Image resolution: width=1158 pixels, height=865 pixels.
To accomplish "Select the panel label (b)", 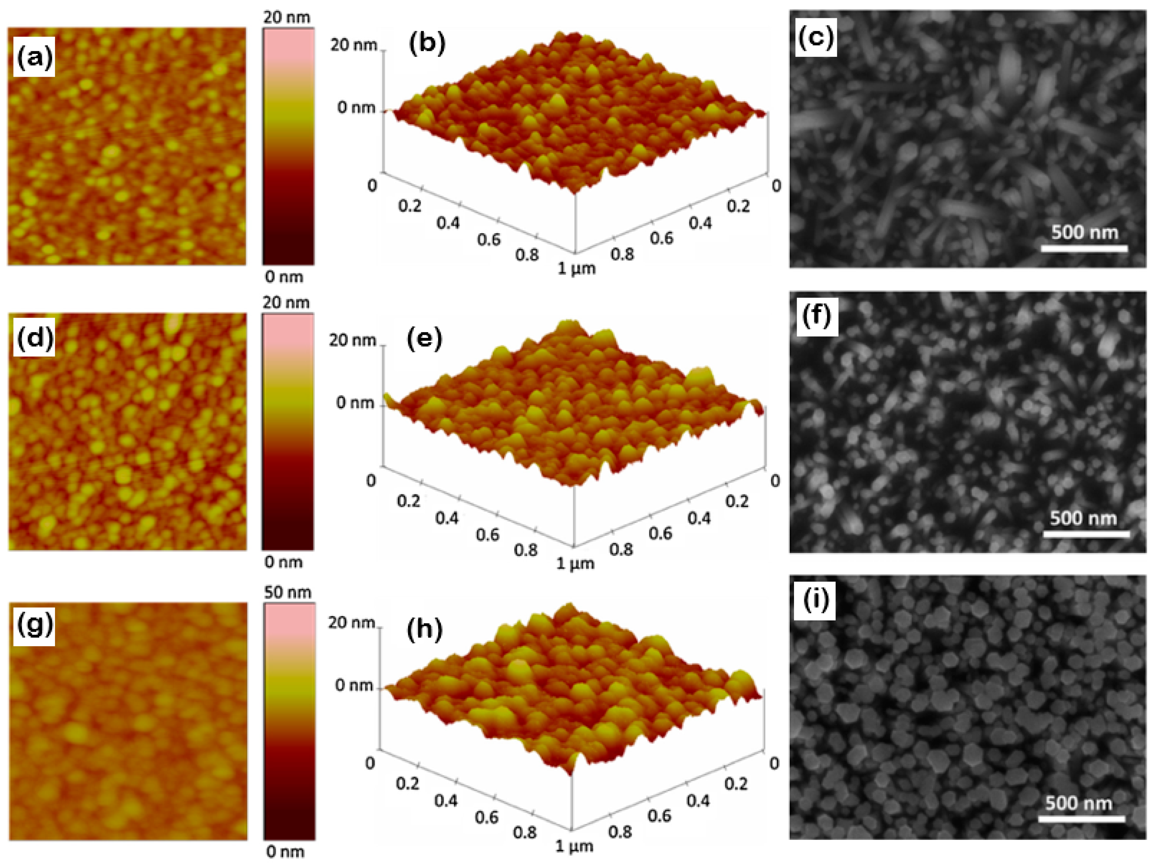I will point(427,43).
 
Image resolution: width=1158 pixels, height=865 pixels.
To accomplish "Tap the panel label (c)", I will point(816,37).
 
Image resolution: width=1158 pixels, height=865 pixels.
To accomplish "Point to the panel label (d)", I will point(34,338).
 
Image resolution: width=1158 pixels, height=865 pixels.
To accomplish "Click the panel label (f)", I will point(817,316).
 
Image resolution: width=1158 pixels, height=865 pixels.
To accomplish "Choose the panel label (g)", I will point(34,624).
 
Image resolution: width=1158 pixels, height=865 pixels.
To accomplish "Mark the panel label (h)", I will point(425,628).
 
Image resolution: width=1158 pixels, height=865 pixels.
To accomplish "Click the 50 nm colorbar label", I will point(287,592).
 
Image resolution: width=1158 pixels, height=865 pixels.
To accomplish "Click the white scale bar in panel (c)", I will point(1084,249).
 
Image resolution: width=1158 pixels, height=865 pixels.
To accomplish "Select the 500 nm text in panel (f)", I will point(1083,518).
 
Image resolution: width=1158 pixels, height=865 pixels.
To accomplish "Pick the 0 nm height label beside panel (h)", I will point(354,685).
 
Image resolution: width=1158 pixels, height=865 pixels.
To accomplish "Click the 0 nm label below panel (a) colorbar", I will point(284,277).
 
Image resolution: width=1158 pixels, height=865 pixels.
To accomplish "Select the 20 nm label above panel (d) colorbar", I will point(286,303).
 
